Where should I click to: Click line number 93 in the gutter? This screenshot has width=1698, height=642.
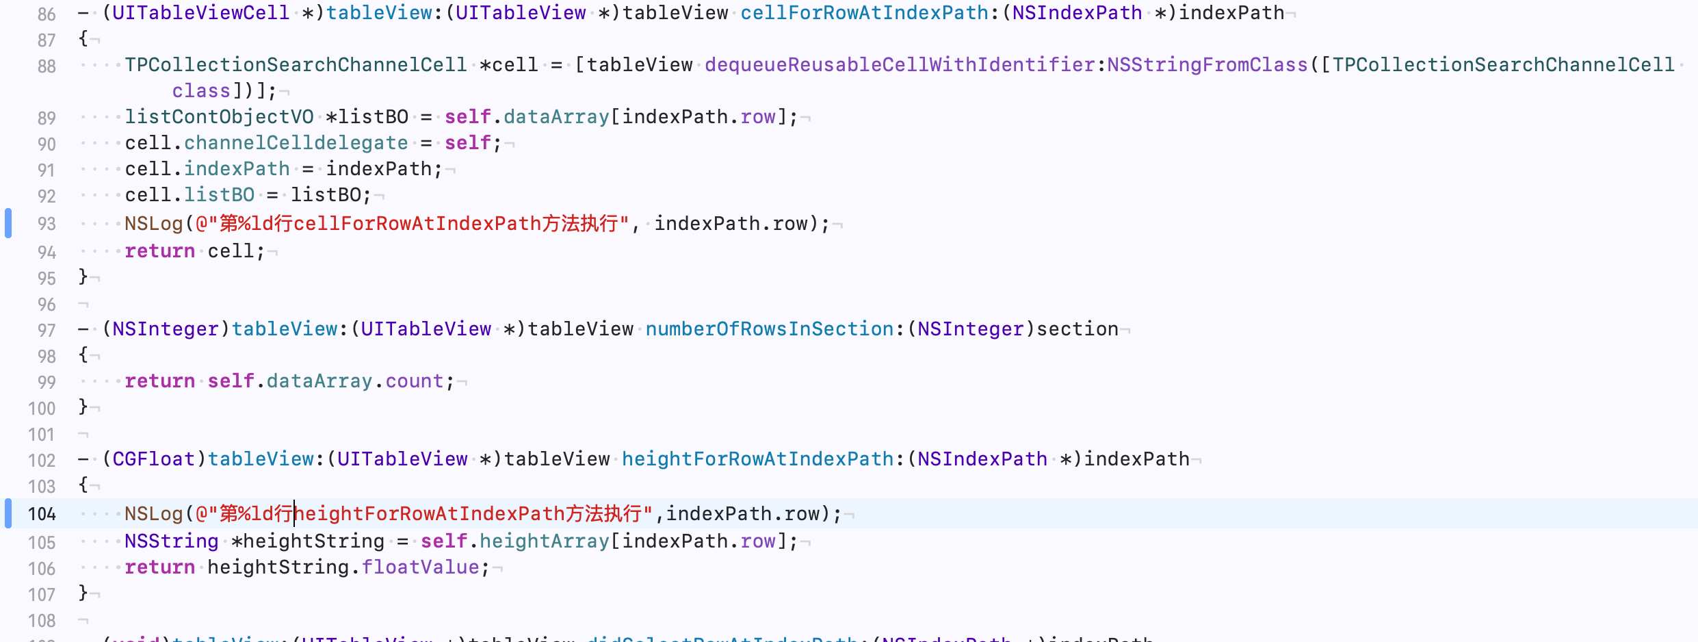click(x=47, y=224)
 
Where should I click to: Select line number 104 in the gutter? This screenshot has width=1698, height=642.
click(x=42, y=514)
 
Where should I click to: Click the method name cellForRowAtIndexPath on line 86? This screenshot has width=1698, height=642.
click(x=864, y=13)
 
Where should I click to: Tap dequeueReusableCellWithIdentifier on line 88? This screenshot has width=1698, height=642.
click(x=900, y=65)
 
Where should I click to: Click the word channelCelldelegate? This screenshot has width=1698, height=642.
click(x=296, y=143)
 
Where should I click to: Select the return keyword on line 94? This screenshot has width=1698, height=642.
click(x=159, y=251)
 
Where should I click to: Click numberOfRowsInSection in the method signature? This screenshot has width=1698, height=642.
click(x=769, y=329)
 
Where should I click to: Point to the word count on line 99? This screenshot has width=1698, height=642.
click(x=414, y=381)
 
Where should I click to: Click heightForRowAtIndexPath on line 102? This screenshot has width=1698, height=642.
click(x=757, y=459)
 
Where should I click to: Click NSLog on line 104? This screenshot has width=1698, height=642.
click(x=153, y=514)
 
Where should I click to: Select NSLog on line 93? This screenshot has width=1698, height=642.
click(x=153, y=224)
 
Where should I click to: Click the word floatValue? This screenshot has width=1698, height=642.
click(x=420, y=567)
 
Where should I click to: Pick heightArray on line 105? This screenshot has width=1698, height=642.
click(x=544, y=541)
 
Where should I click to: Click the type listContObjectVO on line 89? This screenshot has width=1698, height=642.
click(x=219, y=117)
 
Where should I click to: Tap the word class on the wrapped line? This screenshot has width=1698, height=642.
click(x=200, y=91)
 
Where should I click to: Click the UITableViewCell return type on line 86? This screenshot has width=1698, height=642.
click(x=200, y=13)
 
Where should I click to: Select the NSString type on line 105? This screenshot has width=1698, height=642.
click(x=171, y=541)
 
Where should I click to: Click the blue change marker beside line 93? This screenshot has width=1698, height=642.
click(x=8, y=223)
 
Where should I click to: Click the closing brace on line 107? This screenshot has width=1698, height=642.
click(x=83, y=593)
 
